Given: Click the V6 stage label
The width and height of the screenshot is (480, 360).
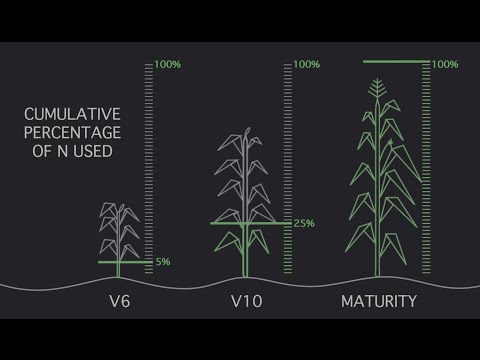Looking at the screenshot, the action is click(x=120, y=301).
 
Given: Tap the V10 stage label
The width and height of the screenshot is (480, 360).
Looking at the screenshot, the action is click(x=247, y=301).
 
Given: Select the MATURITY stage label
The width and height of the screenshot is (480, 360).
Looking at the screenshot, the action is click(x=379, y=301).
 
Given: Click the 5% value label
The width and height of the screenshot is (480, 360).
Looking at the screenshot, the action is click(x=163, y=262).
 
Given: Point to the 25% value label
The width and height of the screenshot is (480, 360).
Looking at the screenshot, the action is click(x=304, y=223).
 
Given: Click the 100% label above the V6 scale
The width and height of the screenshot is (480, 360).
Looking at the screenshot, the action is click(x=168, y=64).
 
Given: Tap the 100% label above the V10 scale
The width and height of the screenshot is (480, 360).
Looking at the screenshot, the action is click(x=307, y=64).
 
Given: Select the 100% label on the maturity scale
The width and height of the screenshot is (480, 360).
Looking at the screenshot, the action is click(x=445, y=64).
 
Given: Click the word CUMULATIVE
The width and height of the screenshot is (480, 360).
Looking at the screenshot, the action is click(x=72, y=114).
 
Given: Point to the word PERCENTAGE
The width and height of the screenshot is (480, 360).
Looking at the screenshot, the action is click(x=72, y=133).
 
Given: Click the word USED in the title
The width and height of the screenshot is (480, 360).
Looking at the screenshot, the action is click(x=93, y=151).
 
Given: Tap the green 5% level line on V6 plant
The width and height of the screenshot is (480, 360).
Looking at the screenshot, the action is click(x=125, y=262).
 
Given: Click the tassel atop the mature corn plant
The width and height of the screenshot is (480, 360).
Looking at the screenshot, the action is click(x=377, y=88).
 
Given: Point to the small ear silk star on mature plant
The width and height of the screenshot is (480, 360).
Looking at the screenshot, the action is click(x=390, y=144).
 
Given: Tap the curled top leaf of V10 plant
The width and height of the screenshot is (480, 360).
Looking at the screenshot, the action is click(x=247, y=133).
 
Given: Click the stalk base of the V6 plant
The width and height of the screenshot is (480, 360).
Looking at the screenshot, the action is click(x=118, y=274).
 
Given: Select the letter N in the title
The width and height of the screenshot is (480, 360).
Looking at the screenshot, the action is click(x=62, y=151).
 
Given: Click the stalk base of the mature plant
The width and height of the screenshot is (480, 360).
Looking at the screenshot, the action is click(x=378, y=273).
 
